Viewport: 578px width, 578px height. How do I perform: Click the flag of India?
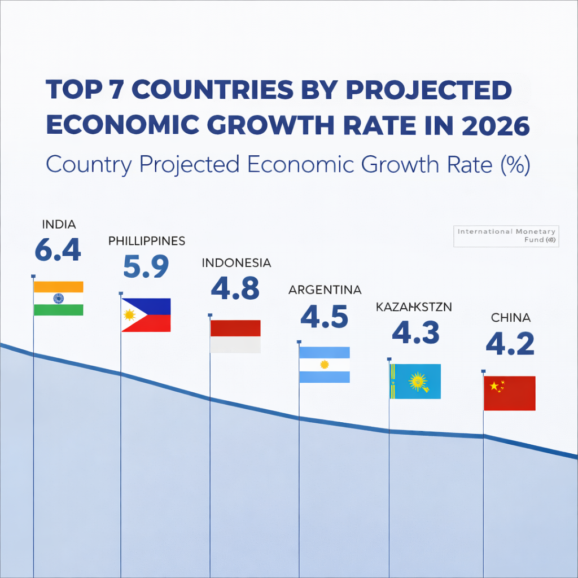59,298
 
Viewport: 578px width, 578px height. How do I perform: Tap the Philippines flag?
146,315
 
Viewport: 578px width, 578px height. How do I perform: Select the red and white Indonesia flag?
235,336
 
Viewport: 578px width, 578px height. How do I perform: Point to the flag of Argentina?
325,365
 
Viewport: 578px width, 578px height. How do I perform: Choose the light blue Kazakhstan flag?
416,382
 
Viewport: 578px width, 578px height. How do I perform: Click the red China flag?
510,393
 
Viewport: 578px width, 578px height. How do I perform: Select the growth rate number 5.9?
146,266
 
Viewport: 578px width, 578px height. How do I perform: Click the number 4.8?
235,288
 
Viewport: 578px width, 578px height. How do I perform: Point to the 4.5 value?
325,316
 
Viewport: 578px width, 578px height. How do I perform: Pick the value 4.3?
416,332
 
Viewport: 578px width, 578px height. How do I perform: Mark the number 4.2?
510,344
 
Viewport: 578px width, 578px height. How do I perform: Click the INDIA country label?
59,224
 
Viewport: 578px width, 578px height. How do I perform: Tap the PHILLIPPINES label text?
147,241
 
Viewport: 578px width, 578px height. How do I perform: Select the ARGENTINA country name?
325,290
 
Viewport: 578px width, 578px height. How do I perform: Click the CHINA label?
510,318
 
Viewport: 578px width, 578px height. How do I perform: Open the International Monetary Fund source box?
506,236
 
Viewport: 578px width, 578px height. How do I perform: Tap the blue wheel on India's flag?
59,298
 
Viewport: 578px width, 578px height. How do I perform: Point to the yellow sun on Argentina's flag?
324,365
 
